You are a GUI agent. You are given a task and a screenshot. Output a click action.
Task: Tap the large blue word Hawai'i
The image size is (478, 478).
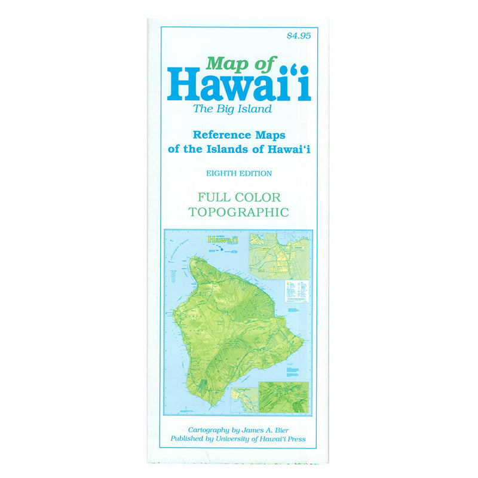pos(239,85)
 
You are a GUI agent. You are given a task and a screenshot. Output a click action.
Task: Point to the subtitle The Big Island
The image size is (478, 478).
pos(232,109)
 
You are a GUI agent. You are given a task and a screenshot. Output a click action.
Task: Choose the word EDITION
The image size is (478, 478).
pos(256,173)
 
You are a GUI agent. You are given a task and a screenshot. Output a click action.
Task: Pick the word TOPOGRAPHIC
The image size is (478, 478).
pos(239,212)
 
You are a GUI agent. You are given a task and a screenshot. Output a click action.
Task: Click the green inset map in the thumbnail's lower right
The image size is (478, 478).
pos(283,396)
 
